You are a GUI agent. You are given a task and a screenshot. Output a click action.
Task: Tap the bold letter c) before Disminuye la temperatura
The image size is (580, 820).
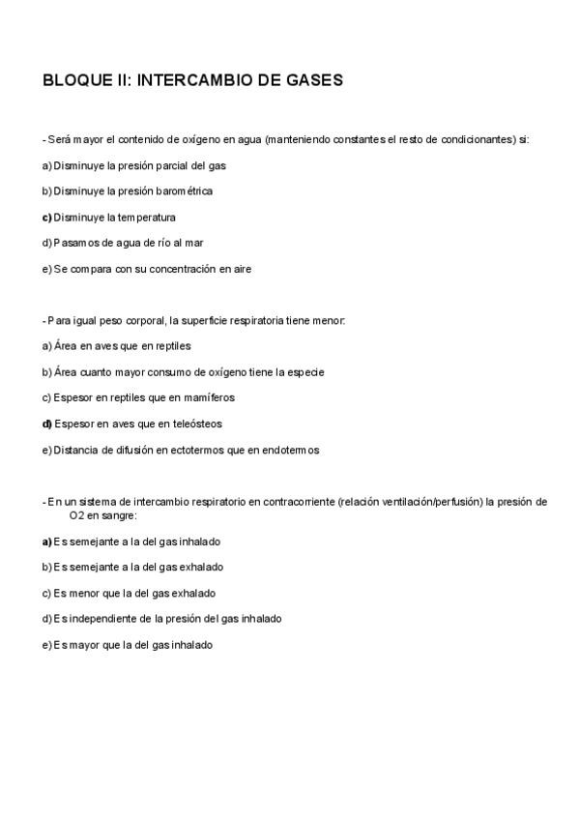(46, 218)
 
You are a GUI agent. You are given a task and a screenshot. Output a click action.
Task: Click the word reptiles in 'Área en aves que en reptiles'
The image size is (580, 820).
(172, 346)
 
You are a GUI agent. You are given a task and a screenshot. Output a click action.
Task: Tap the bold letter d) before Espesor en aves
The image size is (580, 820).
(46, 424)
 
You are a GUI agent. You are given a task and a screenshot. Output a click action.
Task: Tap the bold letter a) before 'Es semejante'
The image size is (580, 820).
(46, 542)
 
